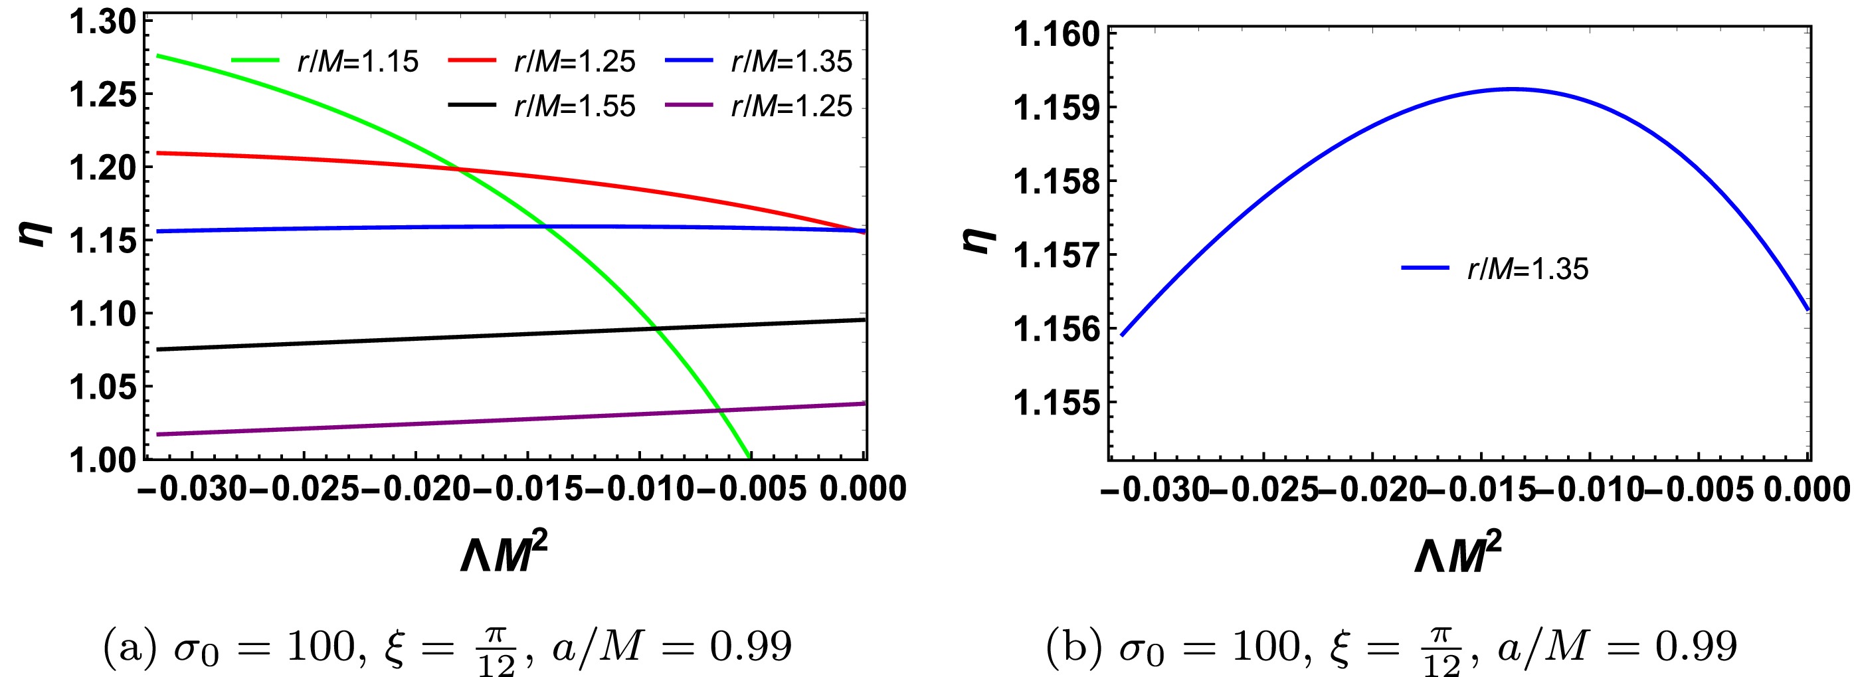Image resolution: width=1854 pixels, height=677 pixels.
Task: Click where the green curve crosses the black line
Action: click(x=656, y=330)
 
